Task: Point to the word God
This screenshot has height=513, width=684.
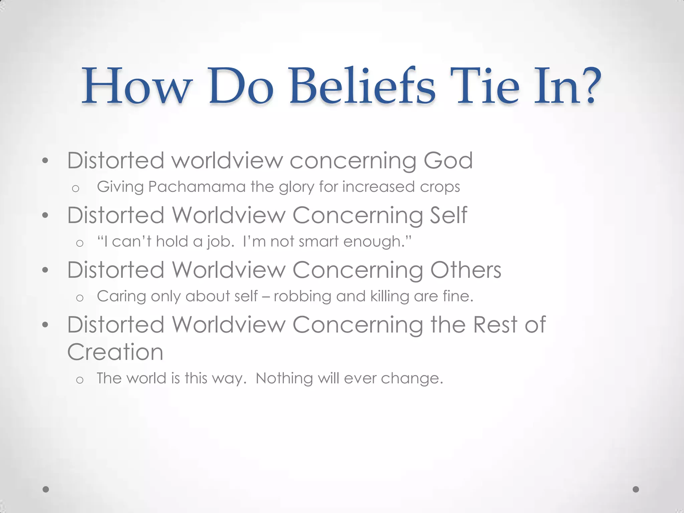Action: (x=448, y=161)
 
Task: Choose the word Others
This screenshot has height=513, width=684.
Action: (x=466, y=270)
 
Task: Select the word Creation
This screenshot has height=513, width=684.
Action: (x=115, y=352)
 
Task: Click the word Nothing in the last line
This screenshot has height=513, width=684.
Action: (x=284, y=378)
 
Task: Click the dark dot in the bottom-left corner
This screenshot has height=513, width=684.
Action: (x=46, y=489)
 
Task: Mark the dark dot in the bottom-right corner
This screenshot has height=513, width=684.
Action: (x=636, y=489)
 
